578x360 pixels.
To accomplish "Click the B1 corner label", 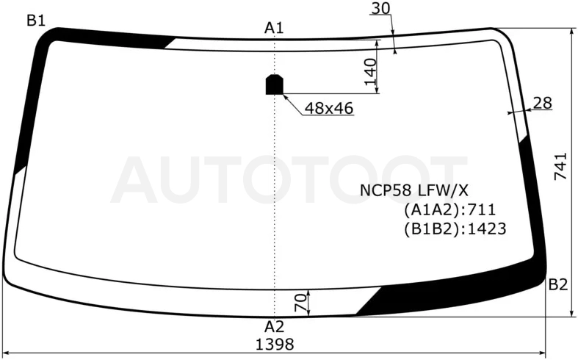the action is pyautogui.click(x=36, y=21).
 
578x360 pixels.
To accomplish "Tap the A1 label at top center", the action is pyautogui.click(x=274, y=28).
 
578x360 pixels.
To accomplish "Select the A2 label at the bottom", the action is pyautogui.click(x=274, y=327).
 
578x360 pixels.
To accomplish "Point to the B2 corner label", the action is pyautogui.click(x=558, y=285).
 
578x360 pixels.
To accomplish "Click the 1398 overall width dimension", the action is pyautogui.click(x=275, y=345).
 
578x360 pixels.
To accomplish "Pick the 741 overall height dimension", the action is pyautogui.click(x=560, y=166).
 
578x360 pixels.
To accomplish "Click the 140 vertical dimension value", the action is pyautogui.click(x=370, y=71).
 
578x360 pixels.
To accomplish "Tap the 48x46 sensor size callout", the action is pyautogui.click(x=329, y=108).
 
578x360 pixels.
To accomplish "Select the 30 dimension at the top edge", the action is pyautogui.click(x=380, y=8).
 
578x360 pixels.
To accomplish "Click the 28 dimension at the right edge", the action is pyautogui.click(x=542, y=103).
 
